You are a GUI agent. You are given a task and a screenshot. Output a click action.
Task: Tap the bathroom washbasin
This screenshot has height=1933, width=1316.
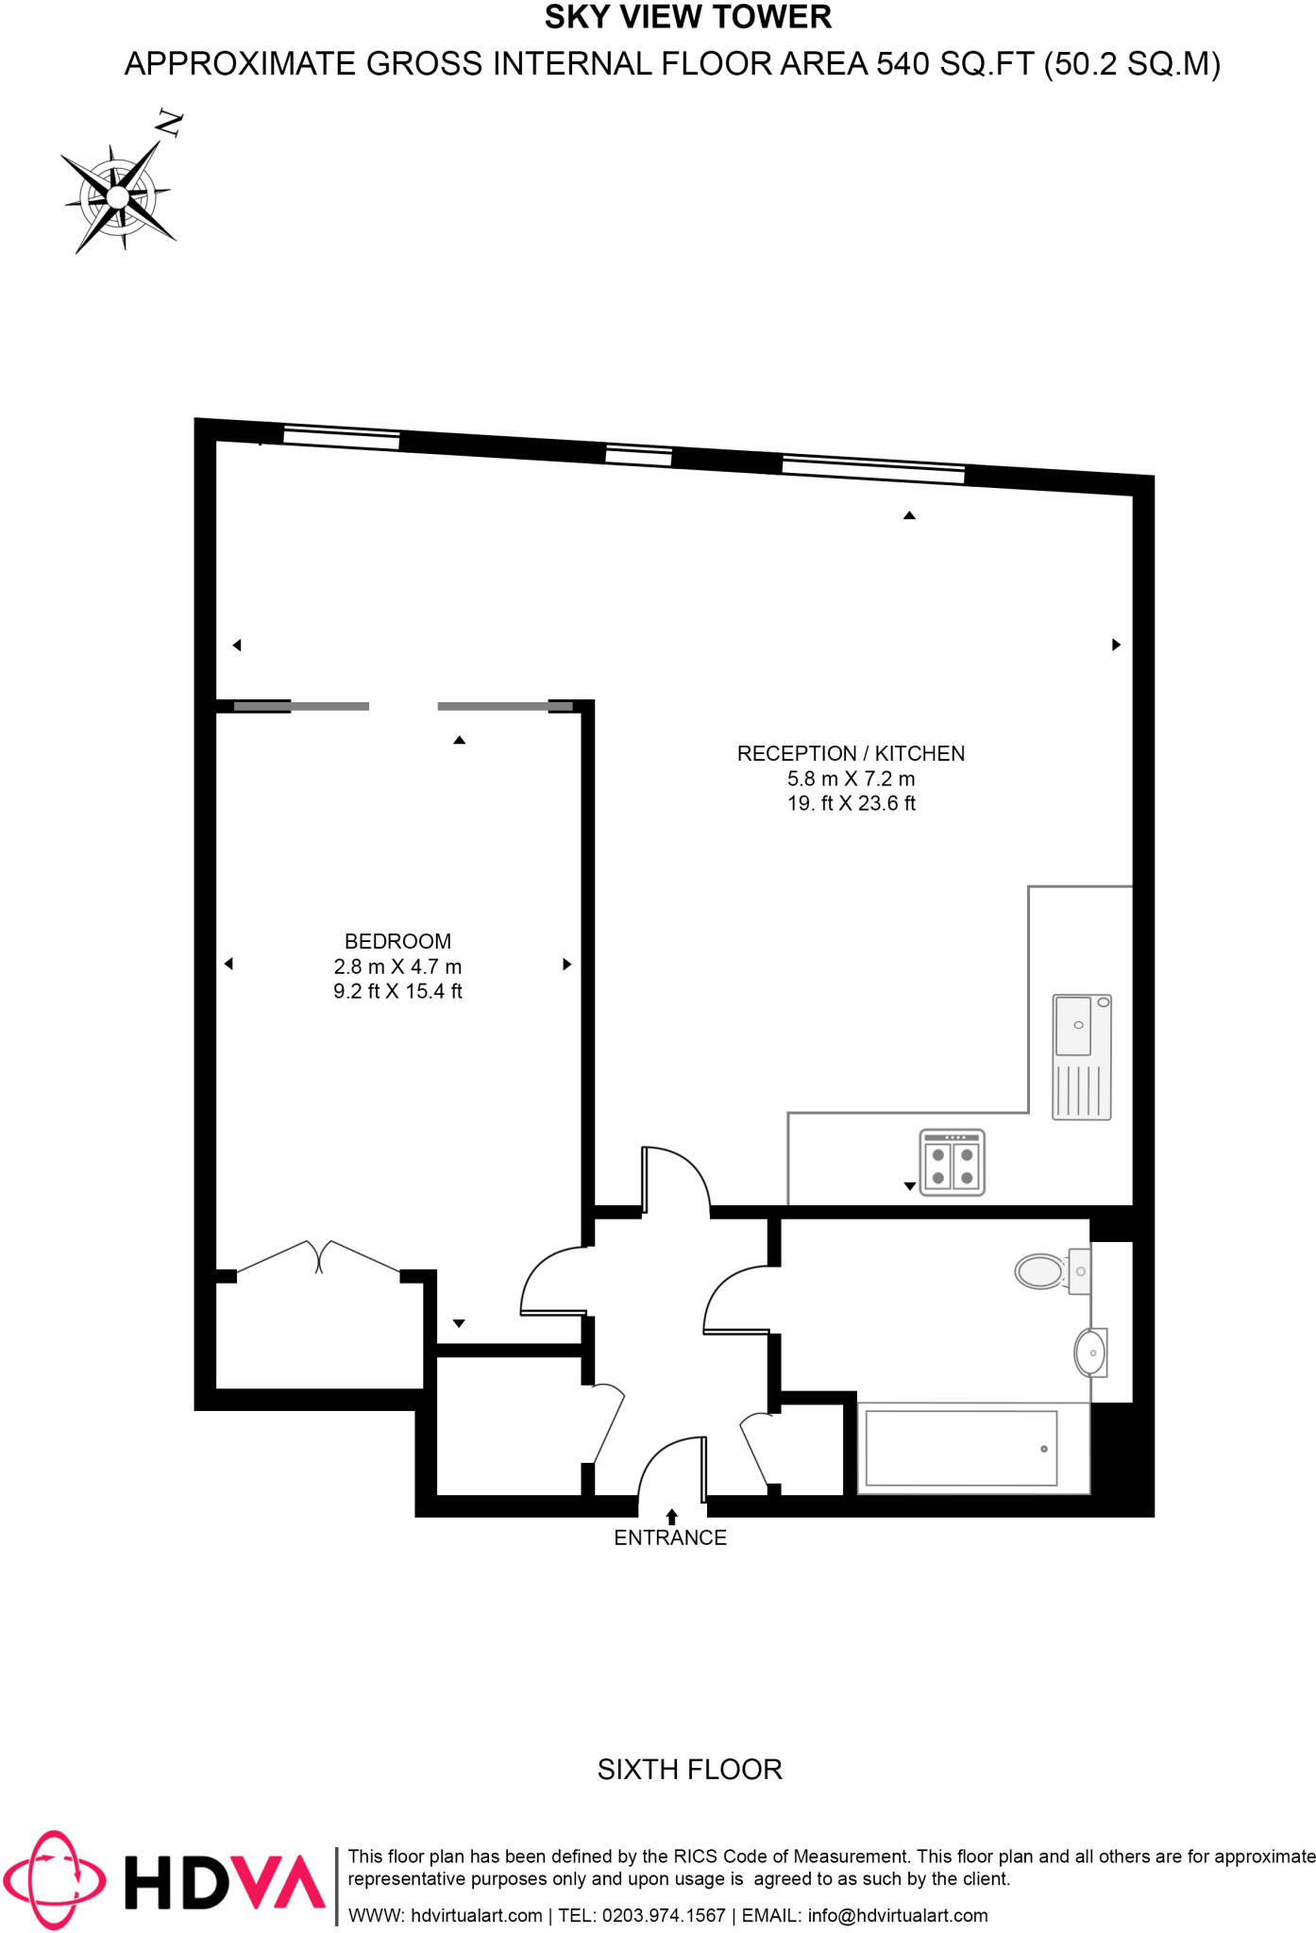pos(1090,1353)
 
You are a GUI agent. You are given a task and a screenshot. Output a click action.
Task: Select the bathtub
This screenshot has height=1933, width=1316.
pos(960,1448)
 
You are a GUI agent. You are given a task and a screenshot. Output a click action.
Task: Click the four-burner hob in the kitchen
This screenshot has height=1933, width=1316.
pos(952,1163)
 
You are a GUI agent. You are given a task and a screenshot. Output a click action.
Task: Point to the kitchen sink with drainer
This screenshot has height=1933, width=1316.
pos(1082,1056)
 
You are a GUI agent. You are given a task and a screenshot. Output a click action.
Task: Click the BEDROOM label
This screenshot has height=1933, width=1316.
pos(397,941)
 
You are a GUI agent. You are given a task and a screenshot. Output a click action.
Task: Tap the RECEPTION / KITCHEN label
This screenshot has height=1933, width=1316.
pos(851,753)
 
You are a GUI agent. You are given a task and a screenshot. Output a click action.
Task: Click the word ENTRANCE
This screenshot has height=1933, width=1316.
pos(670,1538)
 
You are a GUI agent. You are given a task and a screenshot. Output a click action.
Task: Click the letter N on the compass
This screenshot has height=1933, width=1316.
pos(170,123)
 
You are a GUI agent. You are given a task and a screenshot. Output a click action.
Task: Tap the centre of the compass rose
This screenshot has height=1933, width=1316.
pos(117,197)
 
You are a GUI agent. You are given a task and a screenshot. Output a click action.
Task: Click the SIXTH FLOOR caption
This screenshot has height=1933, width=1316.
pos(690,1769)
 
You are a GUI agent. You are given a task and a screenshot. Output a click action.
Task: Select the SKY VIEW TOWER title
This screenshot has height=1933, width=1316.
pos(688,17)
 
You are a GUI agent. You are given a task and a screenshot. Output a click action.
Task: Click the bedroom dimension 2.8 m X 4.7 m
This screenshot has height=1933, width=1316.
pos(397,966)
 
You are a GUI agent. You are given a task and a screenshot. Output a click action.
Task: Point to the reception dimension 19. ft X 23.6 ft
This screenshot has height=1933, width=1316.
pos(852,803)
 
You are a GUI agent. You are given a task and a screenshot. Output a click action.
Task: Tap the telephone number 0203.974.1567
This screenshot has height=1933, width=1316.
pos(664,1915)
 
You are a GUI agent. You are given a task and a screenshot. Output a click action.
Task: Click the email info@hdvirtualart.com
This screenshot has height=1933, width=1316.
pos(897,1915)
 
